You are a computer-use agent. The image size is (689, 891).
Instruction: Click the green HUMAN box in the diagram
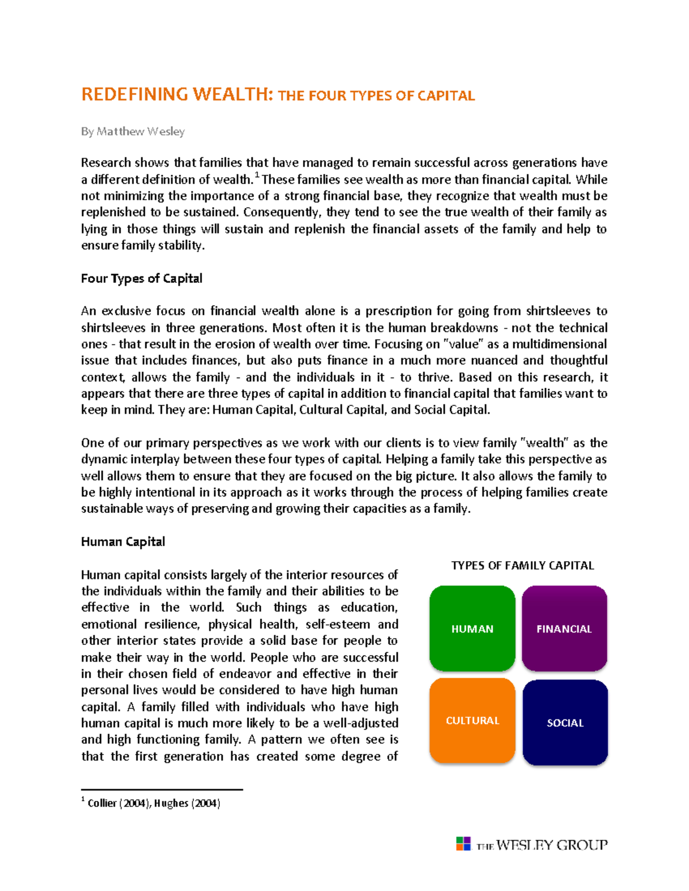point(472,628)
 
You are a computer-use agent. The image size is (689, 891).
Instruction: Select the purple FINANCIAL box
point(564,628)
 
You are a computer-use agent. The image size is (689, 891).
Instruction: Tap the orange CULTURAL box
point(472,721)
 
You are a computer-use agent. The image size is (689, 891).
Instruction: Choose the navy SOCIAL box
point(565,722)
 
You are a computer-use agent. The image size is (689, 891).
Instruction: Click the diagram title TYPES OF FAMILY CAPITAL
point(522,566)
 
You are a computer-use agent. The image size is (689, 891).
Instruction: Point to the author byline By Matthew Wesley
point(133,131)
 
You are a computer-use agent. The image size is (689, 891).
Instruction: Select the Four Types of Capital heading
point(141,279)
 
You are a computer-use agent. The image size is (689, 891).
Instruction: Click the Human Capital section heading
point(123,542)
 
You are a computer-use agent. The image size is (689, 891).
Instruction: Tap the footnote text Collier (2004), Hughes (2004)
point(154,803)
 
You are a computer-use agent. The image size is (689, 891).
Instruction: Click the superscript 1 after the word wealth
point(257,175)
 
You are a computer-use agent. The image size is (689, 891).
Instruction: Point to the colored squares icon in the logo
point(463,843)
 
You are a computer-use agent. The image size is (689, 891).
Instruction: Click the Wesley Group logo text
point(542,845)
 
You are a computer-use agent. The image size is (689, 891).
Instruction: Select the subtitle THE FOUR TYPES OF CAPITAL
point(376,96)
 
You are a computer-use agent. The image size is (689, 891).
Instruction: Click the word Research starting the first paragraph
point(105,163)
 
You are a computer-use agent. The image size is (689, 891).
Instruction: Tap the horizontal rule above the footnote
point(162,790)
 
